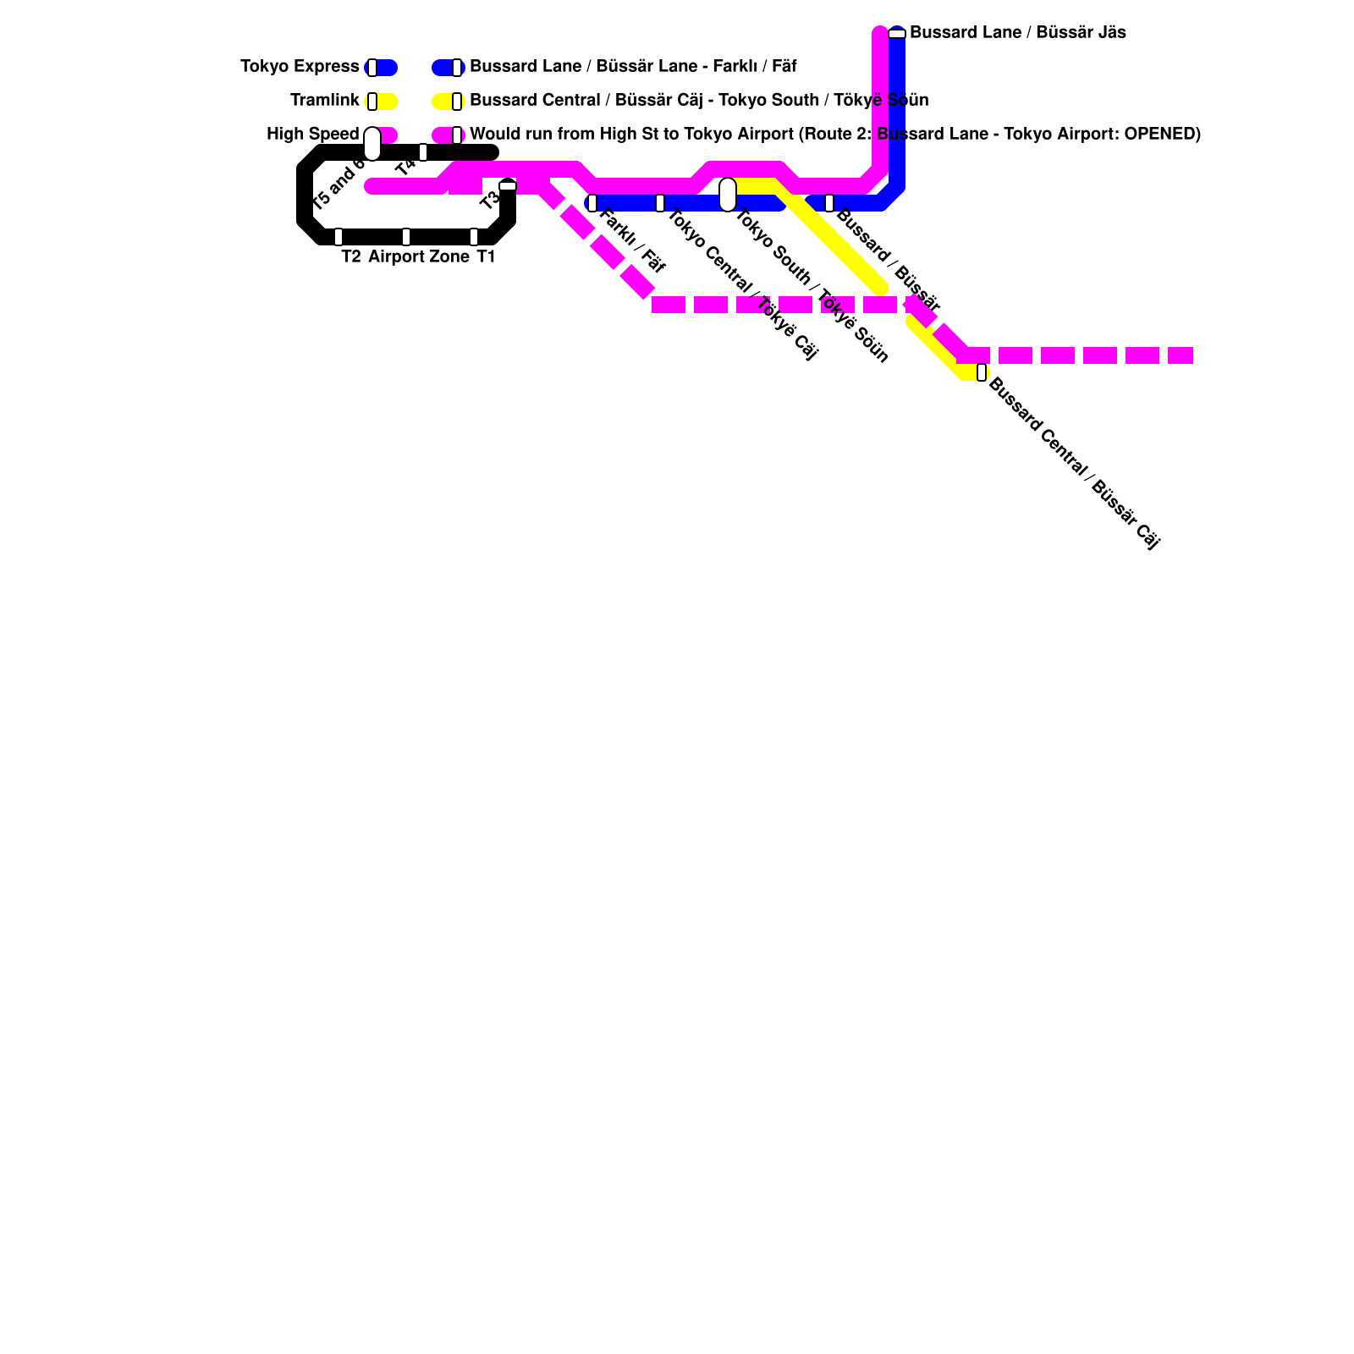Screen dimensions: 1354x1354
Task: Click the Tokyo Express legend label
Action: click(300, 67)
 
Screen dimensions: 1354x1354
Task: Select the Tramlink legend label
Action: click(324, 101)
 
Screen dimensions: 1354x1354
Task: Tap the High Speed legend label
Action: click(312, 135)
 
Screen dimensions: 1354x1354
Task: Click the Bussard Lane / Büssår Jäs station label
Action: click(1017, 33)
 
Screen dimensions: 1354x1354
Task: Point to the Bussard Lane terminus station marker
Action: click(897, 34)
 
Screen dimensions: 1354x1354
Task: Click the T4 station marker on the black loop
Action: click(423, 152)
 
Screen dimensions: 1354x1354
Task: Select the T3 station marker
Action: click(508, 185)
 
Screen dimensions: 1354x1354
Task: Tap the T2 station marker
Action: click(338, 237)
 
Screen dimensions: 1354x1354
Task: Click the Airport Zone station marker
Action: click(406, 237)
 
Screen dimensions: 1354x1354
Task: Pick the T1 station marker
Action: click(474, 237)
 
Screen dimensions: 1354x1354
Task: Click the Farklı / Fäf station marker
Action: click(592, 203)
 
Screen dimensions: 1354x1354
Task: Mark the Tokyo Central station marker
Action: click(660, 203)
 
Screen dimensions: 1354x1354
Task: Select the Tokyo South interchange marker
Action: click(728, 195)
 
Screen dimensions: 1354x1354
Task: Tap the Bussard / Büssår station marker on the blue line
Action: click(829, 203)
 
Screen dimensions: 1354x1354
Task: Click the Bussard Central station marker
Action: click(982, 372)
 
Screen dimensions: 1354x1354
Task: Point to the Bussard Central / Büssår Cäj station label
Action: click(1073, 464)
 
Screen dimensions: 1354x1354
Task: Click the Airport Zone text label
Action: click(419, 257)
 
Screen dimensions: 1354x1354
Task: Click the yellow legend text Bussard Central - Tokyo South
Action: click(699, 101)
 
